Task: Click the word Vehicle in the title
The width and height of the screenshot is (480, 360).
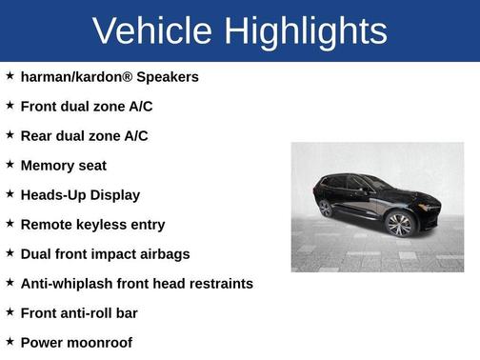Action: pyautogui.click(x=152, y=30)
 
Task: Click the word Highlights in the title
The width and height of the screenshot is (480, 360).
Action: pyautogui.click(x=307, y=30)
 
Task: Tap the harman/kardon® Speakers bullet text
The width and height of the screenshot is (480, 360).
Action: pyautogui.click(x=110, y=76)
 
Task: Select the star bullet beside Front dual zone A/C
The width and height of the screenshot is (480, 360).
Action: pyautogui.click(x=10, y=105)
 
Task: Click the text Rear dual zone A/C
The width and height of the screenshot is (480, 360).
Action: pyautogui.click(x=84, y=135)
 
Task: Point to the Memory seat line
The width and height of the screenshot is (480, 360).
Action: pyautogui.click(x=63, y=165)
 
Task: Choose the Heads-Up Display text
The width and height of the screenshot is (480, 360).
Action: pyautogui.click(x=80, y=194)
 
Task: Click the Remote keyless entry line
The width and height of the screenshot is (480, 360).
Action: pyautogui.click(x=92, y=224)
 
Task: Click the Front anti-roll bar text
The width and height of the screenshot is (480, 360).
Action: pyautogui.click(x=79, y=312)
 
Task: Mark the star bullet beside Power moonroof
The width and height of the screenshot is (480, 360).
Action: pyautogui.click(x=10, y=341)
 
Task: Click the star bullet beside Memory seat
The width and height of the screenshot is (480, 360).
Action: pyautogui.click(x=10, y=164)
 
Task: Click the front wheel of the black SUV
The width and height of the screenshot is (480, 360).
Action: pyautogui.click(x=399, y=224)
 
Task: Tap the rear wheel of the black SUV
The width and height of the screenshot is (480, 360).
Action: pyautogui.click(x=326, y=209)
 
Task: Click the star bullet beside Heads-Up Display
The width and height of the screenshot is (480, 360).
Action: pyautogui.click(x=10, y=193)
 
